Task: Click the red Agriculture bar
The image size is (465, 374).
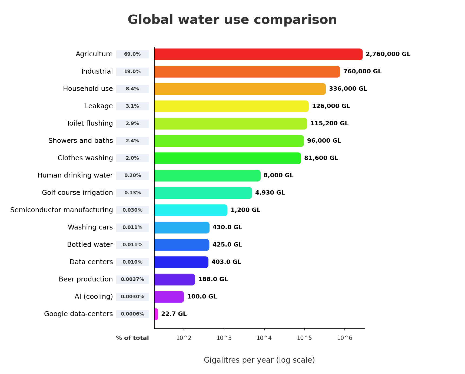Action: tap(258, 54)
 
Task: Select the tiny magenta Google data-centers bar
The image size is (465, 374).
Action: tap(156, 314)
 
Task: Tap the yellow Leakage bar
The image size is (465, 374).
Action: tap(231, 106)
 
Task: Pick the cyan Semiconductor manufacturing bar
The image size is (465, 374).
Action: tap(191, 210)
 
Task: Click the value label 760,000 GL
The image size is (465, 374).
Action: tap(362, 71)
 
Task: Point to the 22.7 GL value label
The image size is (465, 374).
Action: tap(174, 314)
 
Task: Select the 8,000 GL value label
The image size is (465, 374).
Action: tap(278, 175)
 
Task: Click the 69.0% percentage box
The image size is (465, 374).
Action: tap(132, 54)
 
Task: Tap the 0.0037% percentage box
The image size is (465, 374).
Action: tap(132, 280)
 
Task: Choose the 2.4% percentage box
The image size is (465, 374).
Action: tap(132, 141)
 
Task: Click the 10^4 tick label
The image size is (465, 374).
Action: tap(264, 338)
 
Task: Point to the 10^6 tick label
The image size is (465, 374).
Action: tap(345, 338)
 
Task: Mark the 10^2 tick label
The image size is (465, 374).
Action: tap(184, 338)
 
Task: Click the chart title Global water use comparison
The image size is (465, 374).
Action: tap(232, 20)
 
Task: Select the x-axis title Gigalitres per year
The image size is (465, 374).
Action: tap(259, 360)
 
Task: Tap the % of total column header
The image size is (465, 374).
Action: tap(132, 338)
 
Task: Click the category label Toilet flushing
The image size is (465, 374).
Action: tap(89, 123)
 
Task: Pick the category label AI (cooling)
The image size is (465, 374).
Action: tap(94, 297)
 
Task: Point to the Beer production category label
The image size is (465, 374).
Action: tap(86, 279)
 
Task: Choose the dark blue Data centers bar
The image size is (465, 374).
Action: tap(181, 262)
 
